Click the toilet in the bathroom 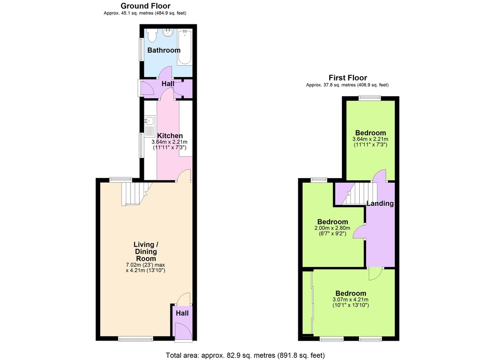151,35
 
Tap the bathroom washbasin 168,33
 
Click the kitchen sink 149,121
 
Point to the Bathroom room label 164,50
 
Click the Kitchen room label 170,136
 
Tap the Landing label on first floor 380,203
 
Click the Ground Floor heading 145,6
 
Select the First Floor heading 347,78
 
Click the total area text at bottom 245,355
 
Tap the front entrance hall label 182,313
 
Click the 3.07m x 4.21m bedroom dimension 350,299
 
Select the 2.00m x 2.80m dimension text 332,228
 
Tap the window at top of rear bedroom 369,98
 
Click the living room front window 135,339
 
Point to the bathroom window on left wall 141,49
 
